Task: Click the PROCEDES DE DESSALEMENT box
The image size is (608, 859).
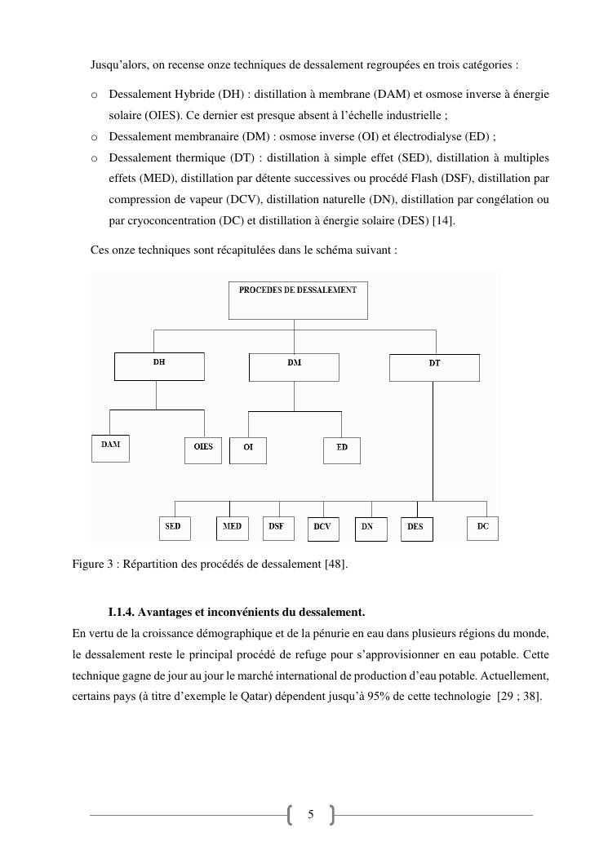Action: pyautogui.click(x=298, y=300)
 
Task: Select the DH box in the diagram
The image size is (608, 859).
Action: pyautogui.click(x=159, y=366)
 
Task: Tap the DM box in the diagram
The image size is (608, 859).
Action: pyautogui.click(x=294, y=367)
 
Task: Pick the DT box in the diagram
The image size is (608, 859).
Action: pyautogui.click(x=434, y=368)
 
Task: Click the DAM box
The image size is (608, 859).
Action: pyautogui.click(x=110, y=449)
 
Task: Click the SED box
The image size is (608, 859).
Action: pyautogui.click(x=173, y=528)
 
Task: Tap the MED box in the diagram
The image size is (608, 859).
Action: pyautogui.click(x=233, y=528)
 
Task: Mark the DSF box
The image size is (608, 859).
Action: pyautogui.click(x=277, y=528)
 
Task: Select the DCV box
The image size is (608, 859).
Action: pyautogui.click(x=322, y=529)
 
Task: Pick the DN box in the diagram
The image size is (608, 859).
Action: pyautogui.click(x=367, y=529)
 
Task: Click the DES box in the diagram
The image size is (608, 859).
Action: pyautogui.click(x=416, y=529)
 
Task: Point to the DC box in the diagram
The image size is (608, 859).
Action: pyautogui.click(x=483, y=528)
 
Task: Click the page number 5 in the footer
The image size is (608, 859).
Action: pyautogui.click(x=310, y=814)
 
